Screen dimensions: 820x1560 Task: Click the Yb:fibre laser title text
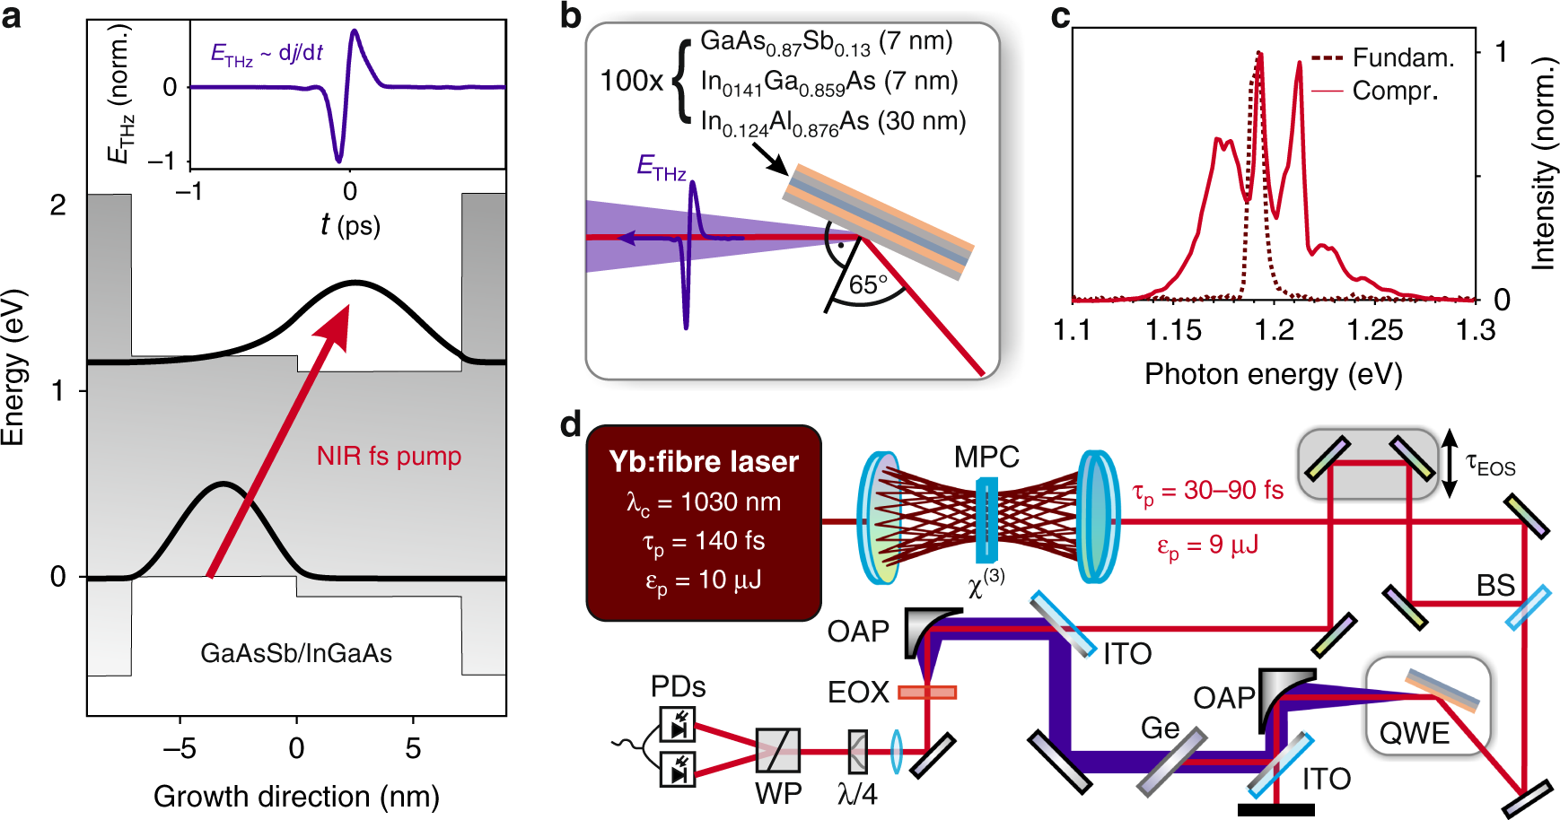click(x=704, y=461)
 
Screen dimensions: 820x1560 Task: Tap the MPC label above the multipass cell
click(x=986, y=457)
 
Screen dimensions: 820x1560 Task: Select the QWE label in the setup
click(x=1415, y=733)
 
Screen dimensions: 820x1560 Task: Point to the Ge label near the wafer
click(x=1160, y=728)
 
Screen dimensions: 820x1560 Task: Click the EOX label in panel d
click(x=858, y=692)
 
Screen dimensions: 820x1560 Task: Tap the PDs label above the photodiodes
click(x=678, y=686)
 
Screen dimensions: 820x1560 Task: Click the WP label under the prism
click(x=778, y=793)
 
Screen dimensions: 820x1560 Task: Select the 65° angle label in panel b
click(x=868, y=285)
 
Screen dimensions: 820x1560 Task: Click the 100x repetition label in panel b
click(x=631, y=81)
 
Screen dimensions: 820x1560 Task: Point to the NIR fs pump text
click(x=389, y=456)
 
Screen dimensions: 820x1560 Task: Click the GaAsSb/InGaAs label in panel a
click(x=296, y=653)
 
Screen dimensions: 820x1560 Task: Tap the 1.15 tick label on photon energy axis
click(x=1173, y=330)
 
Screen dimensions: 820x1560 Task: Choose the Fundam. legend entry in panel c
click(x=1403, y=57)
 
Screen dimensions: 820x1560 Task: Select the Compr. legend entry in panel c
click(x=1395, y=91)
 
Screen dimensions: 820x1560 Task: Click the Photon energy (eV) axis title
click(x=1273, y=374)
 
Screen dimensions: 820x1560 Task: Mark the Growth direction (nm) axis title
click(x=296, y=796)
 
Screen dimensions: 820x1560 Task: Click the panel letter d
click(x=571, y=424)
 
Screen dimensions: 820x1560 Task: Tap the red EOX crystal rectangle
click(x=927, y=692)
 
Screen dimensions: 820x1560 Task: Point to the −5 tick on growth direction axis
click(x=180, y=748)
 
